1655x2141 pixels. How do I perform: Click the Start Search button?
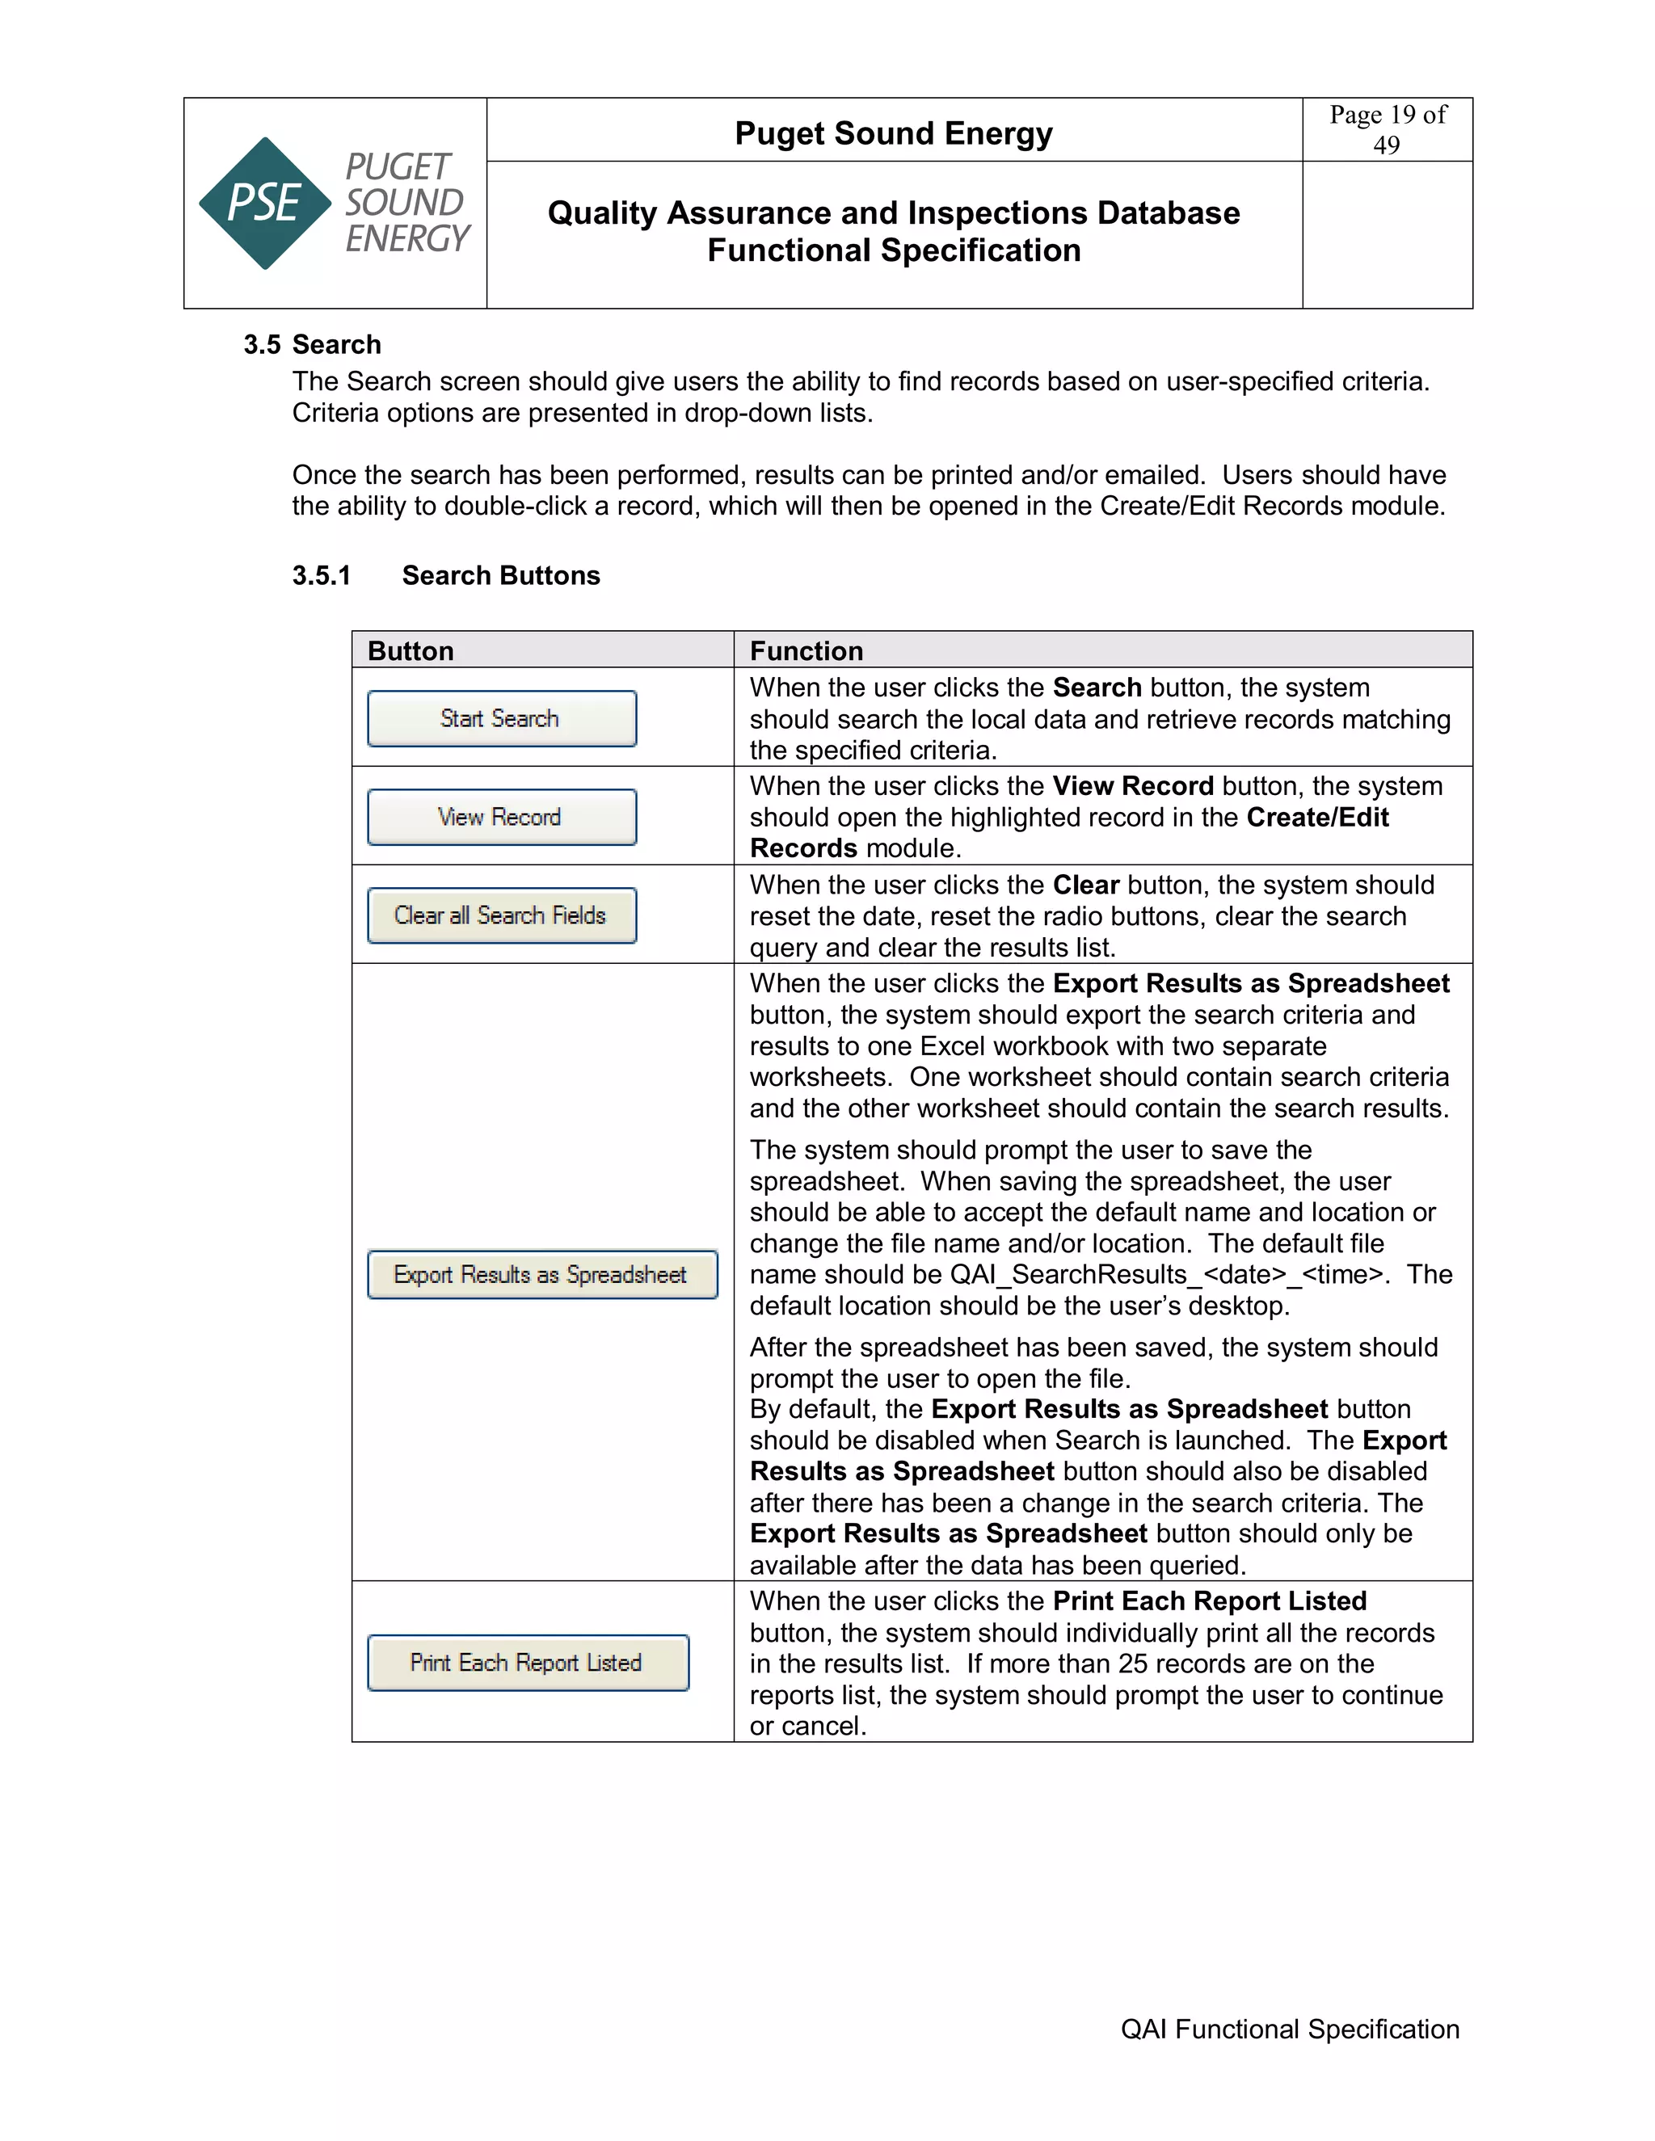501,718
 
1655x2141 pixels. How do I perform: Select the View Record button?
501,817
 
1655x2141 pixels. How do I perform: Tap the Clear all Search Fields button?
501,915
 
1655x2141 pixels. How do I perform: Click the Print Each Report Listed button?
528,1663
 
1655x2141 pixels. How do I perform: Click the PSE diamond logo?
265,203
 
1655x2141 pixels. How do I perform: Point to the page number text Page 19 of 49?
1387,129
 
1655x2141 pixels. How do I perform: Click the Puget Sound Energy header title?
893,132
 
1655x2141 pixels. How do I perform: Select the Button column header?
411,651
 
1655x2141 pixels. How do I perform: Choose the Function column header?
806,651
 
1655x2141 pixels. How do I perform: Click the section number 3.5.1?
321,575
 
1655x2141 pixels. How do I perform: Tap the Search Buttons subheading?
501,575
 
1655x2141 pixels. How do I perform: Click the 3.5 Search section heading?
313,344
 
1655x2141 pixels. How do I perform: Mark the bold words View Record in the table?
1132,786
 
